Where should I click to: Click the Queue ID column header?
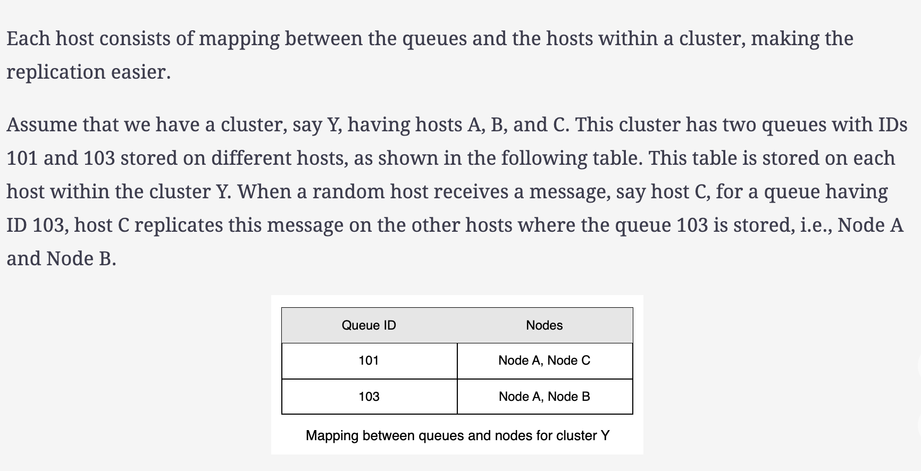pos(369,325)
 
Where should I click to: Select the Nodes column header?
pos(544,325)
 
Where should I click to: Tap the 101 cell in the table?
pos(369,360)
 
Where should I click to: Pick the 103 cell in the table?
pos(369,397)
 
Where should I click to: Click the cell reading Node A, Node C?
pos(544,360)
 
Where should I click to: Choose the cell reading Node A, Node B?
pos(544,397)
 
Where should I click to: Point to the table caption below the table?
pos(457,436)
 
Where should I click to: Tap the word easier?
pos(141,72)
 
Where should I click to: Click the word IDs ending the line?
pos(893,124)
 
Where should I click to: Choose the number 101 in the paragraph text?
pos(22,158)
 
